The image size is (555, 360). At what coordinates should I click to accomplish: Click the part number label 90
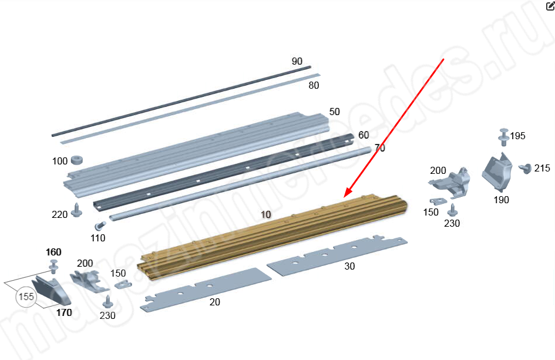click(297, 61)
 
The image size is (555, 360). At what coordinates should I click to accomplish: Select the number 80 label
click(314, 85)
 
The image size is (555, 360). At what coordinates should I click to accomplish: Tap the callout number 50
click(335, 112)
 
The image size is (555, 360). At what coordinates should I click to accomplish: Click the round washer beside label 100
click(77, 160)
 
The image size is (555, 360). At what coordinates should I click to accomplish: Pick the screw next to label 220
click(76, 210)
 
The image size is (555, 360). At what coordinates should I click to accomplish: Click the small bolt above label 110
click(100, 226)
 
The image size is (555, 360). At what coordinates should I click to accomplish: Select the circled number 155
click(26, 297)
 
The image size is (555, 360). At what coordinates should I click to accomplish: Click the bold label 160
click(53, 253)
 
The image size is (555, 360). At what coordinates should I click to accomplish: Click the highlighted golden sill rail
click(273, 235)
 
